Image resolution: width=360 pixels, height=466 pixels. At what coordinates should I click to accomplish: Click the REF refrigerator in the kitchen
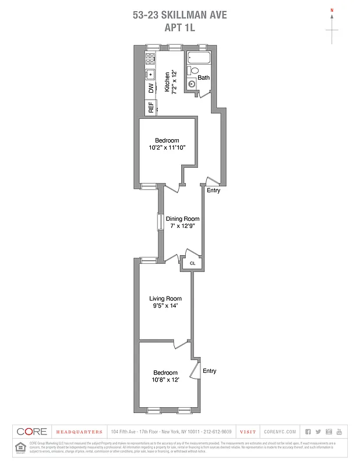(x=151, y=108)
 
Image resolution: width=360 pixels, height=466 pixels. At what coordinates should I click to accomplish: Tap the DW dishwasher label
(x=151, y=89)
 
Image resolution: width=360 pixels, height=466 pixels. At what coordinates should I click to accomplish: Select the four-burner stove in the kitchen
(x=150, y=58)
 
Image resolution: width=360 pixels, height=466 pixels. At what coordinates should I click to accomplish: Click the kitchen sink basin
(x=150, y=74)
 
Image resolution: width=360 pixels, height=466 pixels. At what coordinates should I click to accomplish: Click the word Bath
(x=203, y=77)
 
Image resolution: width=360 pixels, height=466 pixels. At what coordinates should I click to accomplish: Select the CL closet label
(x=192, y=264)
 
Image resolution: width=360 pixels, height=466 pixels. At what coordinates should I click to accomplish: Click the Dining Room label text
(x=182, y=219)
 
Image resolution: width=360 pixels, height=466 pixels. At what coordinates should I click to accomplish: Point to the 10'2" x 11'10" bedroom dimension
(x=167, y=147)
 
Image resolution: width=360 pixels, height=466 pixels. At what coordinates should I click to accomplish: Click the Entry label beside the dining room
(x=213, y=190)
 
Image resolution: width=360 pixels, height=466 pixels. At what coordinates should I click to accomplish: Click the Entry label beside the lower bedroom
(x=209, y=371)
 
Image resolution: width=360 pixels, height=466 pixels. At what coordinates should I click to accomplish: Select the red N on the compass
(x=332, y=10)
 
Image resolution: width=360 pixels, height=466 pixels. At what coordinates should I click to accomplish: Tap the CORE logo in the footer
(x=31, y=432)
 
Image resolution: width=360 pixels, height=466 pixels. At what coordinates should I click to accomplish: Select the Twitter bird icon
(x=318, y=432)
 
